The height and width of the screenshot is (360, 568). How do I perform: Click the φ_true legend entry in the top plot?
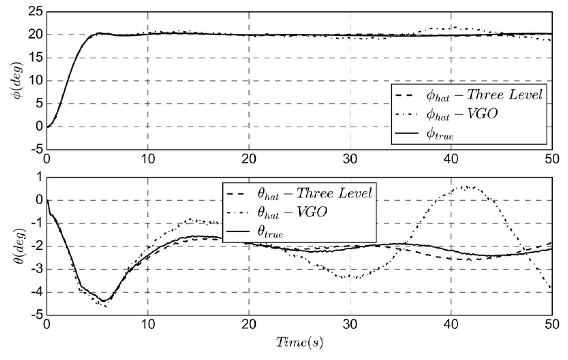pos(440,134)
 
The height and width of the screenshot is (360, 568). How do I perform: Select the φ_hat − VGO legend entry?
pos(461,114)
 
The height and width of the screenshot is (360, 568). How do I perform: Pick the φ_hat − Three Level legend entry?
pos(484,95)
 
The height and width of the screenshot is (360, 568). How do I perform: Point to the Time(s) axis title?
pos(299,342)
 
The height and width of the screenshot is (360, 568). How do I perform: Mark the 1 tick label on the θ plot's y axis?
pos(39,177)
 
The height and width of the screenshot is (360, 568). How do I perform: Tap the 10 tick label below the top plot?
pos(148,159)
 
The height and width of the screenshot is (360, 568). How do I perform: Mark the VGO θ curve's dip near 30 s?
pos(351,278)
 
